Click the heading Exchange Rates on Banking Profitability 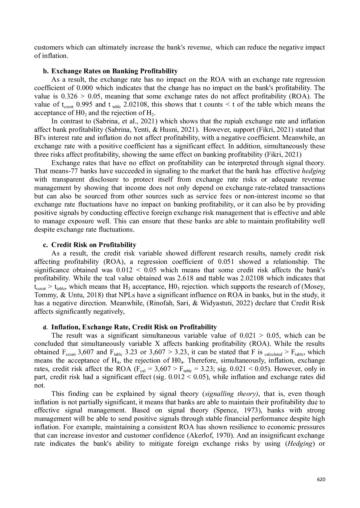pos(114,71)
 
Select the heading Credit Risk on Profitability pos(94,245)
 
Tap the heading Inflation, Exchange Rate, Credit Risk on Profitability pos(134,327)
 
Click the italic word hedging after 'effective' pos(315,171)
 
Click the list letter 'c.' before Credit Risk pos(46,245)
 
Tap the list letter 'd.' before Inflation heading pos(45,328)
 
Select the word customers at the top pos(48,47)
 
